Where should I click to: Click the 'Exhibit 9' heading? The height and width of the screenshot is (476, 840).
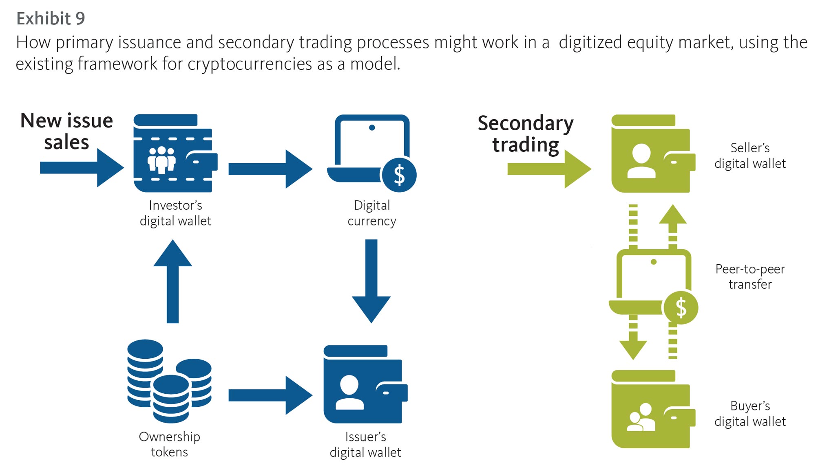pyautogui.click(x=51, y=18)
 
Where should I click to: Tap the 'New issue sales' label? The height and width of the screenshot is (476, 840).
pyautogui.click(x=66, y=131)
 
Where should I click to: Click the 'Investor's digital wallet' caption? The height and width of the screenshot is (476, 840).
pyautogui.click(x=175, y=213)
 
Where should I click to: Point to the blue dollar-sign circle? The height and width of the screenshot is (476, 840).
pyautogui.click(x=399, y=175)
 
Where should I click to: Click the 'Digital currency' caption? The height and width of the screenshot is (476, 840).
pyautogui.click(x=371, y=213)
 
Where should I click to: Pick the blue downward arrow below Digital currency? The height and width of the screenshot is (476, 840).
pyautogui.click(x=371, y=281)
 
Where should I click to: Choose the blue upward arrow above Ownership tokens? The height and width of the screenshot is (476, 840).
pyautogui.click(x=172, y=281)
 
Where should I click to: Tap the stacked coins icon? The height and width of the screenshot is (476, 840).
pyautogui.click(x=169, y=381)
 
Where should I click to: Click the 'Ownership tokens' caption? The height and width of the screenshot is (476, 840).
pyautogui.click(x=169, y=444)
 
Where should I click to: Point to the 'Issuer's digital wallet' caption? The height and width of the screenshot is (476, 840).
pyautogui.click(x=365, y=444)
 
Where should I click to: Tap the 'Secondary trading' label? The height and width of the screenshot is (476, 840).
pyautogui.click(x=525, y=134)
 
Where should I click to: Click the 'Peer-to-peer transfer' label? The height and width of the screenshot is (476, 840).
pyautogui.click(x=750, y=276)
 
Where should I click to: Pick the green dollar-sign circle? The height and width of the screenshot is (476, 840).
pyautogui.click(x=681, y=307)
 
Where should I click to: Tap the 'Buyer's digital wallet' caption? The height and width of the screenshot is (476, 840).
pyautogui.click(x=750, y=413)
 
